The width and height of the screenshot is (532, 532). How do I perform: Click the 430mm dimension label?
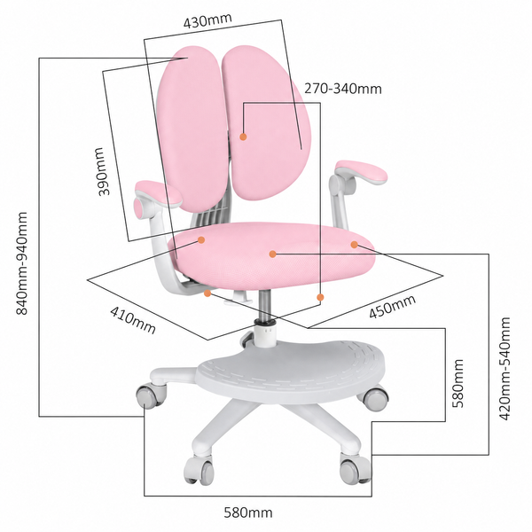coord(207,20)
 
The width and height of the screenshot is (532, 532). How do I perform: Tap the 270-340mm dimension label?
coord(342,89)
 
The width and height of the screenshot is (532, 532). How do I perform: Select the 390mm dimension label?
coord(105,171)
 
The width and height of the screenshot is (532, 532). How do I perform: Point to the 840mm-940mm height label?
coord(22,263)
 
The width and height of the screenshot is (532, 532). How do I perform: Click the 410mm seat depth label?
coord(133,320)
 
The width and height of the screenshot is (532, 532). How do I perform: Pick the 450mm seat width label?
coord(392,307)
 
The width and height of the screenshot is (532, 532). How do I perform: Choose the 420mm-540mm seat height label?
coord(505,369)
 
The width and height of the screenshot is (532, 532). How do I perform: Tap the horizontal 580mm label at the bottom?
coord(248,512)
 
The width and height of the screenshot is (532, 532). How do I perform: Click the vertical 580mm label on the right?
coord(458,383)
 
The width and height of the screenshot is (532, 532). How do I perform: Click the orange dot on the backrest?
coord(243,137)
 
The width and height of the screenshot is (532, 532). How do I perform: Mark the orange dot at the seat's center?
coord(272,254)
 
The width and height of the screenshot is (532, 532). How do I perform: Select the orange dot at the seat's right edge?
coord(354,245)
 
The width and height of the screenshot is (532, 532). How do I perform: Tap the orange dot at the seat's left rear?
coord(201,240)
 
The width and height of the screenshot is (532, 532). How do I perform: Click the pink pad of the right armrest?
coord(362,172)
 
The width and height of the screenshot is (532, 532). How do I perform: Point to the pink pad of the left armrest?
coord(158,193)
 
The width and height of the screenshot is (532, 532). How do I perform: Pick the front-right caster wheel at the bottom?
coord(355,470)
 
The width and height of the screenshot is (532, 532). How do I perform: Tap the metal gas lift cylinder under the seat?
coord(264,305)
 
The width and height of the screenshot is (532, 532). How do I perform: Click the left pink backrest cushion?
coord(192,129)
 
